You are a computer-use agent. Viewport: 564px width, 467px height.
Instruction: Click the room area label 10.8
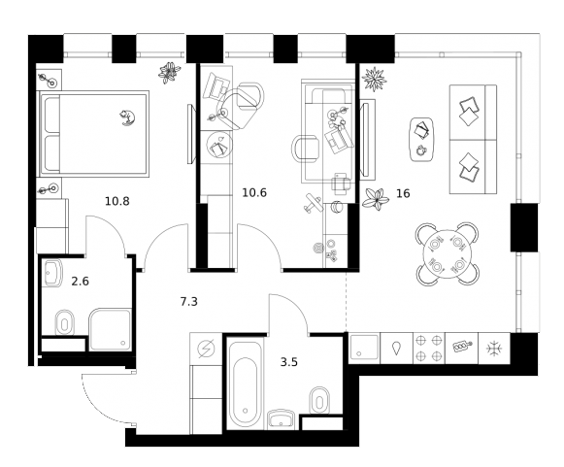pyautogui.click(x=117, y=201)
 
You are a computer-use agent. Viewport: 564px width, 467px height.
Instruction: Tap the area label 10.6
pyautogui.click(x=253, y=192)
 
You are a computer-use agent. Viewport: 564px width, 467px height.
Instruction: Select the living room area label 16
pyautogui.click(x=403, y=193)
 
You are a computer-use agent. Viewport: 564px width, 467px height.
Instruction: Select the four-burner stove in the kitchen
pyautogui.click(x=428, y=348)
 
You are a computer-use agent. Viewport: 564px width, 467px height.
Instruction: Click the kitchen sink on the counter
pyautogui.click(x=365, y=348)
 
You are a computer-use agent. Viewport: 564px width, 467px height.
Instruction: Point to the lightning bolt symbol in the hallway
pyautogui.click(x=205, y=350)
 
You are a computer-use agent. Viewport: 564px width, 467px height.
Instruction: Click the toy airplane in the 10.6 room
pyautogui.click(x=311, y=205)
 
